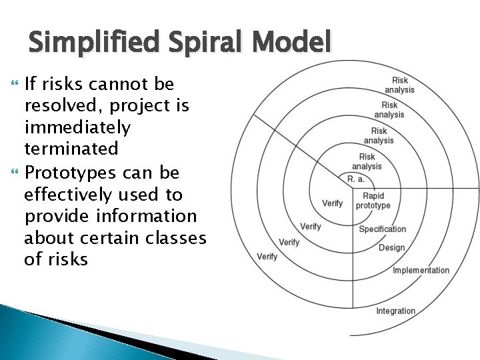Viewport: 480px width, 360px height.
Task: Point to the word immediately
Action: (x=78, y=126)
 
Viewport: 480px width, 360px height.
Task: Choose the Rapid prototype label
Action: (x=373, y=201)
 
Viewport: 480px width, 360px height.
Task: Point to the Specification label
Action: (x=382, y=229)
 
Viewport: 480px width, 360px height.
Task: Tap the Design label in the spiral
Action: (x=391, y=248)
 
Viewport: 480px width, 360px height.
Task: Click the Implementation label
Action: (x=421, y=271)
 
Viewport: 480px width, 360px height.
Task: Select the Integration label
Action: (x=395, y=311)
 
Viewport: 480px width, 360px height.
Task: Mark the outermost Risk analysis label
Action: (x=399, y=85)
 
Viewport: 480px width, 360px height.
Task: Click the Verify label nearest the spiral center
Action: (x=332, y=203)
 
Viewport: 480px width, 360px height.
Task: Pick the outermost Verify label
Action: (x=267, y=257)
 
